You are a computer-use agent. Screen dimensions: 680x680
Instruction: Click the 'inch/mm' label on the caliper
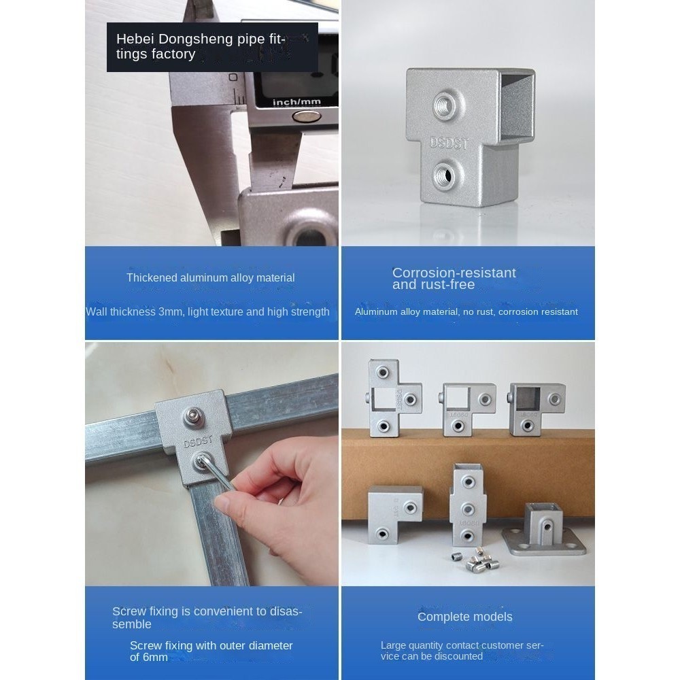coord(296,103)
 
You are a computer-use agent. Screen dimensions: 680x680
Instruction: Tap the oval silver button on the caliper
coord(307,116)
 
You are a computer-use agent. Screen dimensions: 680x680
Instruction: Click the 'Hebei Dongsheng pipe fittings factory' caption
coord(201,46)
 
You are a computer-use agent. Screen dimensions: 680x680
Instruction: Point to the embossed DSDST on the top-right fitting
coord(449,143)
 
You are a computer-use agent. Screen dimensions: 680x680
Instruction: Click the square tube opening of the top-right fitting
coord(515,106)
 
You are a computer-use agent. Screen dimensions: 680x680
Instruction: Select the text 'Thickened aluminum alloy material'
coord(211,277)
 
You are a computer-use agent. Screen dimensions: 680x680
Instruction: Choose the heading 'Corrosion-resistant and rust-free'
coord(454,278)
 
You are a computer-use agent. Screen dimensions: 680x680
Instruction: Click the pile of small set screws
coord(477,560)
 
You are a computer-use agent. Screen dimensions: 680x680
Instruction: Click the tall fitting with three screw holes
coord(468,505)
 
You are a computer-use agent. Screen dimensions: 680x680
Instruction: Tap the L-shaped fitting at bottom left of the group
coord(394,515)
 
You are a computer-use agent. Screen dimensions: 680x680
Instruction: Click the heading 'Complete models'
coord(465,617)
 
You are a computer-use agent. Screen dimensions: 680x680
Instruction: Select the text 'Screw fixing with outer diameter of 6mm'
coord(211,651)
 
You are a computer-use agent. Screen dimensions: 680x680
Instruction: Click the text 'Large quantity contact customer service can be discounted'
coord(462,651)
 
